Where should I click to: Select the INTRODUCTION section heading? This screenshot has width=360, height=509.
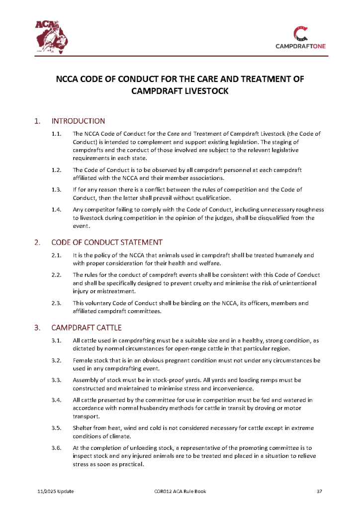78,121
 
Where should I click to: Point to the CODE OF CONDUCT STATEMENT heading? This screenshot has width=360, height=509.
106,243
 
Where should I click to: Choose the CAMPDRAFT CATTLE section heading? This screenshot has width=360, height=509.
86,328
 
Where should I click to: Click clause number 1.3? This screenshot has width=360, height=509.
56,189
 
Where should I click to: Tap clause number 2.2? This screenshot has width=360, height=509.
56,275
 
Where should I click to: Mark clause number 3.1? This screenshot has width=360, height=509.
56,340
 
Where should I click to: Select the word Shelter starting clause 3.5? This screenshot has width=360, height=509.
83,428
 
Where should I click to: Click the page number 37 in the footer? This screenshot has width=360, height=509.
320,492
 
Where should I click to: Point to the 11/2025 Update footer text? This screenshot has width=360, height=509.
56,492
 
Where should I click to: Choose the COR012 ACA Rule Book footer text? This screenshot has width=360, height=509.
180,492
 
